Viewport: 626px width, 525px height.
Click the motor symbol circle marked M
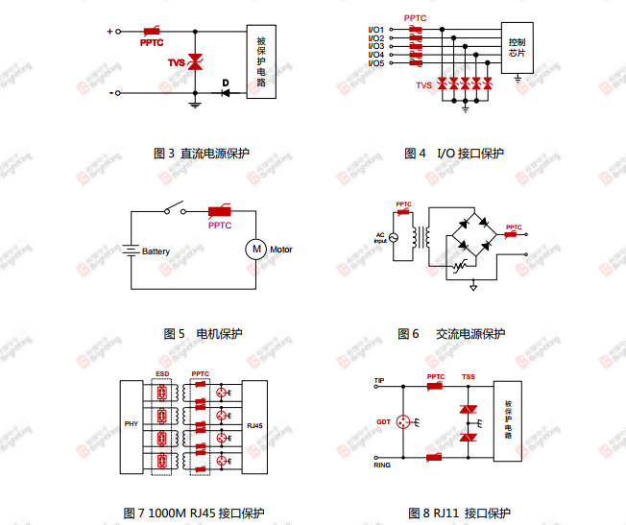(256, 250)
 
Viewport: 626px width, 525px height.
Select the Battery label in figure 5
(156, 251)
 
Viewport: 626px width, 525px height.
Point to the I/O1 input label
(375, 29)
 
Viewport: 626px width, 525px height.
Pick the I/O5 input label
(375, 62)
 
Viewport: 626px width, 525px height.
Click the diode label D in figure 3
(226, 84)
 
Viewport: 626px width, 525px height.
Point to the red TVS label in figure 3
(177, 62)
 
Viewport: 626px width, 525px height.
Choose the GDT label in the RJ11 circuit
(383, 421)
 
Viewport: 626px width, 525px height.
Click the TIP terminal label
(379, 381)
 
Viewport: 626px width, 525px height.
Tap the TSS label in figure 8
(469, 376)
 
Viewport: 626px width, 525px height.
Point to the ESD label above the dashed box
(162, 373)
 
